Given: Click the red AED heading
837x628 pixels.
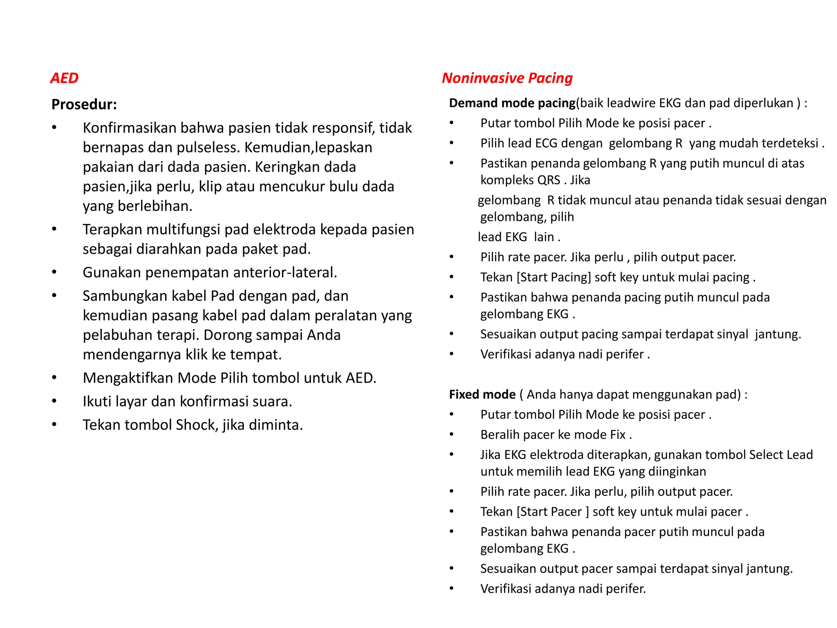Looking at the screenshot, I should pos(64,78).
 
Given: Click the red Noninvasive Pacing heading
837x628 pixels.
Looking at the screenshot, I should pos(507,78).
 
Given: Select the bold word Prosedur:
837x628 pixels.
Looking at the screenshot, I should pos(84,105).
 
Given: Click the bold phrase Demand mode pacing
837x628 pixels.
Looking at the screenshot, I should pos(512,103).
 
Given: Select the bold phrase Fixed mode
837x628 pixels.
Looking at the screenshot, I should pos(482,395).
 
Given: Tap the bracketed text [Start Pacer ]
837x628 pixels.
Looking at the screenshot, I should pos(553,512).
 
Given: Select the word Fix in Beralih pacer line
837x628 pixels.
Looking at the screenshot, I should pos(618,435).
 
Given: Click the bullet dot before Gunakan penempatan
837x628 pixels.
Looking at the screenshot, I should pos(54,272).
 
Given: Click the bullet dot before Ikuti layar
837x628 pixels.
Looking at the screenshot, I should pos(54,401).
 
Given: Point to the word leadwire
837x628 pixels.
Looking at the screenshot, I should pos(631,103).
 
